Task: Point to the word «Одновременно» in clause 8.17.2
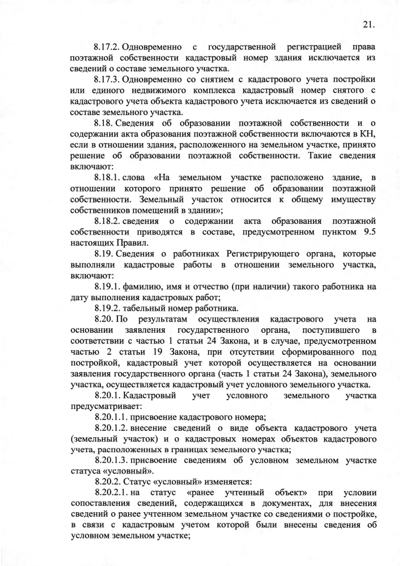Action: click(152, 46)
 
